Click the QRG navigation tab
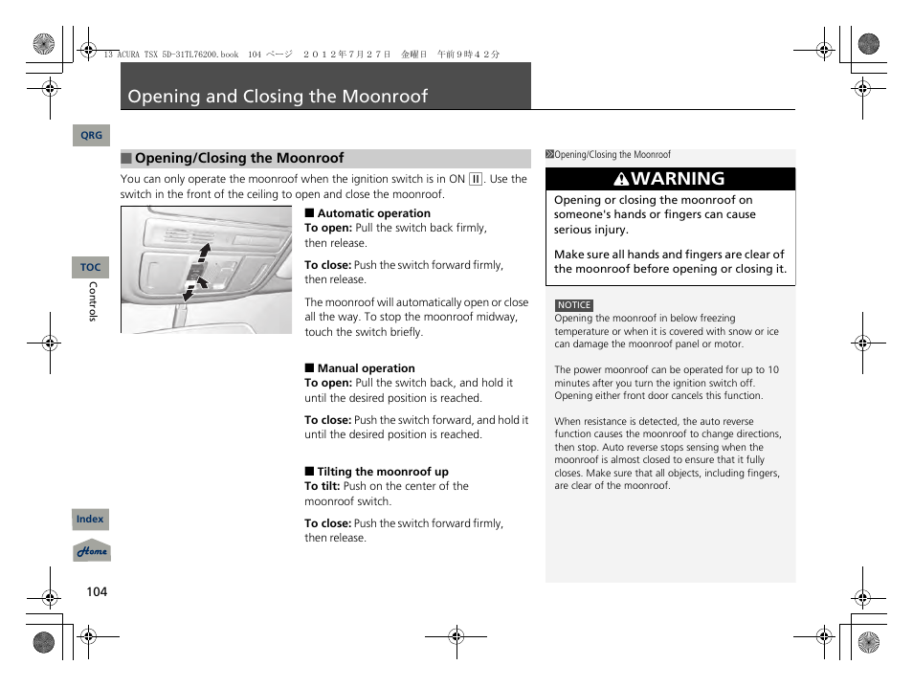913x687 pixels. [x=91, y=136]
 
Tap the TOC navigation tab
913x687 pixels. [x=91, y=268]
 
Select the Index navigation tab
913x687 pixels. [x=90, y=520]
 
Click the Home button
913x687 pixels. [x=92, y=552]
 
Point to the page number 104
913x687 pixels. [x=97, y=591]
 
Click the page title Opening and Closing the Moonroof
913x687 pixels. [x=278, y=97]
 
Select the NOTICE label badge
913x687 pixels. [x=574, y=305]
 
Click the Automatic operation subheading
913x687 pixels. [x=373, y=213]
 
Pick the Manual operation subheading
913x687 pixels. [x=366, y=368]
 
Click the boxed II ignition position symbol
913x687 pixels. [x=476, y=179]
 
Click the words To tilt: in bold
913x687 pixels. [x=323, y=486]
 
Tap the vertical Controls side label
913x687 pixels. [x=93, y=300]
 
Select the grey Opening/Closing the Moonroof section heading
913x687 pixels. [x=238, y=159]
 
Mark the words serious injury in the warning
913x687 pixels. [x=590, y=230]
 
